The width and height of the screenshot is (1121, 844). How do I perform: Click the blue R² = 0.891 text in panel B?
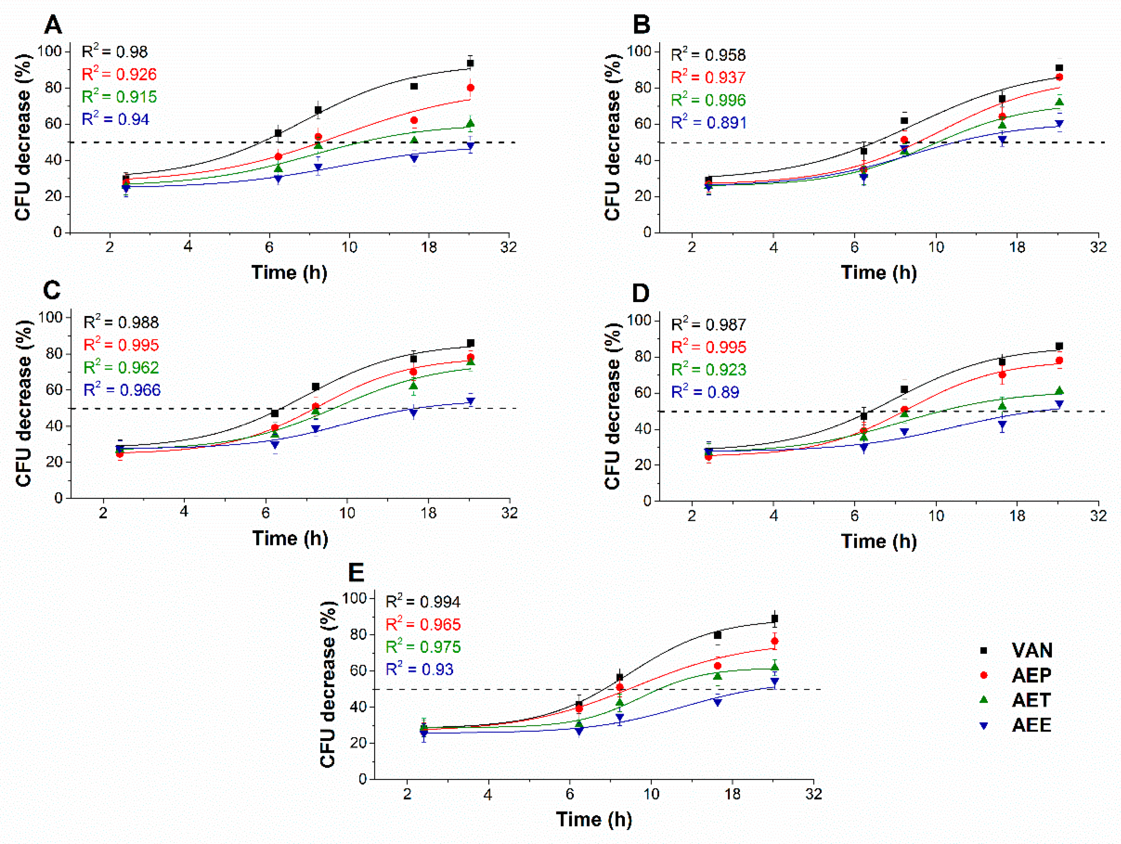[x=709, y=122]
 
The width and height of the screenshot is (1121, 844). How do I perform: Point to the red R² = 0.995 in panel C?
[x=121, y=345]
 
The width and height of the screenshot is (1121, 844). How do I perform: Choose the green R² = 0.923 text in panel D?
[x=709, y=369]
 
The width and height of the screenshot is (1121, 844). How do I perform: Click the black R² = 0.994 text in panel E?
[x=423, y=601]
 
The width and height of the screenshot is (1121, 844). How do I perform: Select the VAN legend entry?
[x=1017, y=650]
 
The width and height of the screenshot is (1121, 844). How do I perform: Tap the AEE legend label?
[x=1031, y=725]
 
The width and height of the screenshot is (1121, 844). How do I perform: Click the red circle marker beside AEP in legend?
[x=984, y=675]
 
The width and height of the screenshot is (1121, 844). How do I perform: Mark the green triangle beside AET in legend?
[x=984, y=700]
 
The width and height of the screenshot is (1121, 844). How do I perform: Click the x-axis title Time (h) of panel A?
[x=289, y=272]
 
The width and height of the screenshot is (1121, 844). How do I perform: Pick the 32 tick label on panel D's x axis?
[x=1099, y=516]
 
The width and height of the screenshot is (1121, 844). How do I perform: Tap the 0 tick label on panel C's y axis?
[x=59, y=498]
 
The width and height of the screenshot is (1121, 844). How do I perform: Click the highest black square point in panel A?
[x=470, y=63]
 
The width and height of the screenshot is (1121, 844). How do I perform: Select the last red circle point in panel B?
[x=1059, y=77]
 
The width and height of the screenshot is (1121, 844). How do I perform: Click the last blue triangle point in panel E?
[x=774, y=682]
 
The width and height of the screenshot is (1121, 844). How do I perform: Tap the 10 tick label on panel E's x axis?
[x=651, y=794]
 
